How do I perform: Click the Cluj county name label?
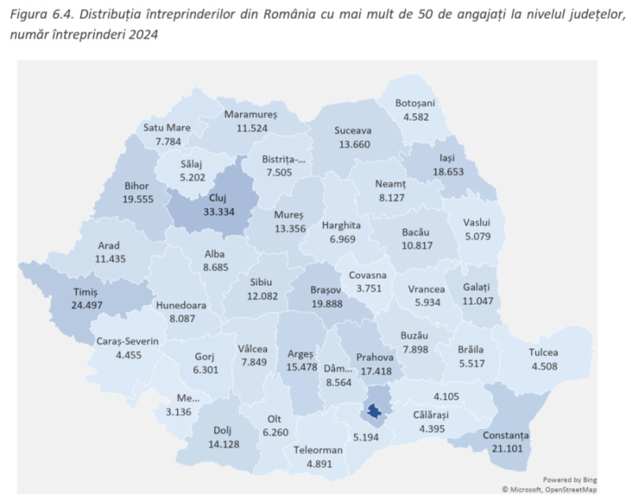click(216, 197)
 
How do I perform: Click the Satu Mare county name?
click(168, 128)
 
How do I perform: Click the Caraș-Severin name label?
click(128, 341)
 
